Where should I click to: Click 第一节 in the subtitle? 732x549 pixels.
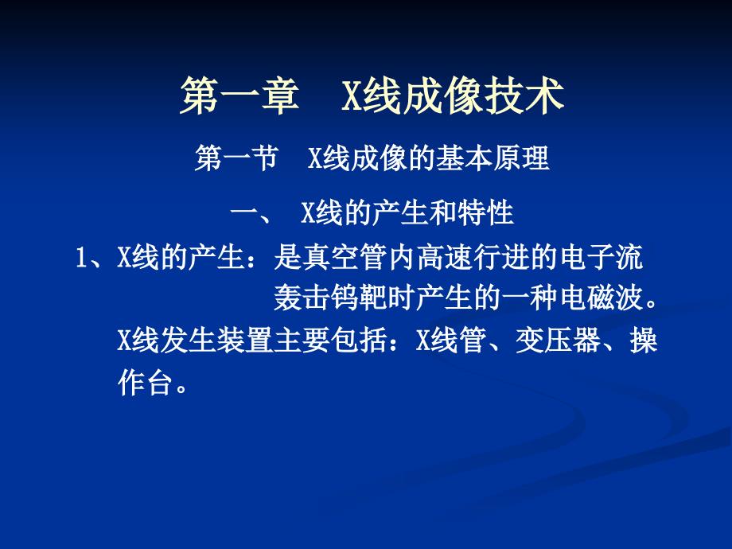[x=236, y=159]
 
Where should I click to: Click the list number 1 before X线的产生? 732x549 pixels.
[x=80, y=259]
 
